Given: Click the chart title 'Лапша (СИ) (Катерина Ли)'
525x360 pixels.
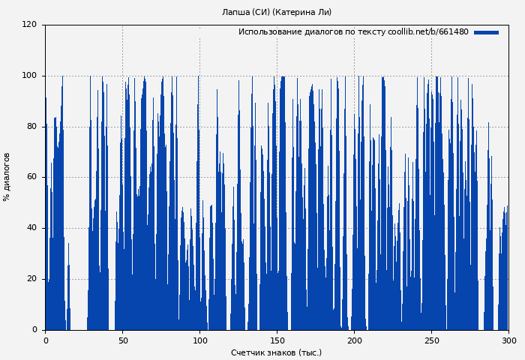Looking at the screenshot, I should pyautogui.click(x=277, y=12).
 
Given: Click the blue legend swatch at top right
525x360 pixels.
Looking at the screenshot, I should pyautogui.click(x=486, y=32).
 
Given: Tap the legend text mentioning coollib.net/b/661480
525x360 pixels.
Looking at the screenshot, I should pyautogui.click(x=353, y=32).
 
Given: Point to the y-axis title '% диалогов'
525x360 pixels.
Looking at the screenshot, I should pyautogui.click(x=7, y=177).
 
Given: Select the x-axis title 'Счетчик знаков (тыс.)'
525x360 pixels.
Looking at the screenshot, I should pyautogui.click(x=276, y=352).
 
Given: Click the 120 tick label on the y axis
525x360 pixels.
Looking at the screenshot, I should pyautogui.click(x=29, y=25).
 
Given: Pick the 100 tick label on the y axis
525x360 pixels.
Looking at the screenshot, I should pyautogui.click(x=29, y=76).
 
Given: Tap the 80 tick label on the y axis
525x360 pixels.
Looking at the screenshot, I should pyautogui.click(x=31, y=127).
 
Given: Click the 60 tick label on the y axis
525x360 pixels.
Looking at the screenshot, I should pyautogui.click(x=31, y=177).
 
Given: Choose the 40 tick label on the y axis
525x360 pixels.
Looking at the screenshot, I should pyautogui.click(x=31, y=228).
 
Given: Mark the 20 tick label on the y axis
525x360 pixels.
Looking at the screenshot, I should pyautogui.click(x=31, y=279).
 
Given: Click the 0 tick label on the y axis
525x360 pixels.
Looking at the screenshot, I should pyautogui.click(x=34, y=330).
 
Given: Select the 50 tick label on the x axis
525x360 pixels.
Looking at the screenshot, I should pyautogui.click(x=122, y=340).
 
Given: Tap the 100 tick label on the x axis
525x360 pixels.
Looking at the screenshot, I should pyautogui.click(x=199, y=340).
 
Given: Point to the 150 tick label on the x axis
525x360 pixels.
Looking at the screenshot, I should pyautogui.click(x=277, y=340).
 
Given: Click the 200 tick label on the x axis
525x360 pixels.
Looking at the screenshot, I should pyautogui.click(x=354, y=340).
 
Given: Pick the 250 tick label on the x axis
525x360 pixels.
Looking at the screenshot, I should pyautogui.click(x=431, y=340).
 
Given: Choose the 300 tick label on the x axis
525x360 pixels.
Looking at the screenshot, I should pyautogui.click(x=508, y=340).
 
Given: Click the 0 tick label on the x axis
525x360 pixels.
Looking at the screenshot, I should pyautogui.click(x=45, y=340).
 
